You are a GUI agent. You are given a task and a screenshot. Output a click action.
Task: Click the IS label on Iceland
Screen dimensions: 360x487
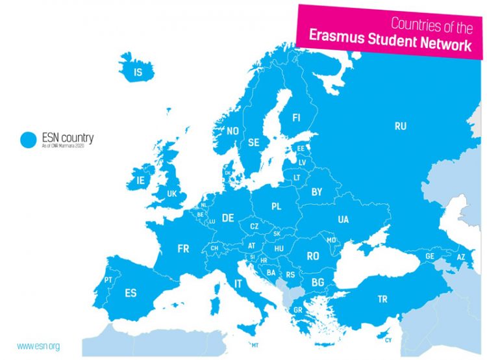(137, 73)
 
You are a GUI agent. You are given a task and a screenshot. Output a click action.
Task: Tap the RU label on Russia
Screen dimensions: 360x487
(401, 126)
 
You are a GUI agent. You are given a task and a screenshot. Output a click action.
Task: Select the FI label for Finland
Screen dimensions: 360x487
(296, 118)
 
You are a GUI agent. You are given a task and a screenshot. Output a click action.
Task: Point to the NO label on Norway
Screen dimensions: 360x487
(232, 131)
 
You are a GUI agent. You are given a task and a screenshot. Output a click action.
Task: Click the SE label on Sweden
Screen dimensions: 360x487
(254, 142)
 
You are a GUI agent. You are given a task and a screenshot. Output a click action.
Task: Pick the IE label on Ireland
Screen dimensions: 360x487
(140, 180)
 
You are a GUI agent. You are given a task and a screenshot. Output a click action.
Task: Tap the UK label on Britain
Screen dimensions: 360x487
(171, 194)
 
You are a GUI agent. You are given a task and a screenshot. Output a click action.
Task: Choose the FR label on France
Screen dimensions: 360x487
(183, 248)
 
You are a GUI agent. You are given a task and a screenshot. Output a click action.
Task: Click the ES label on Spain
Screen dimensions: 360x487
(131, 293)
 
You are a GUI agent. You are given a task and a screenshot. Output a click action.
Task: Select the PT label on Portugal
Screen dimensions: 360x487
(108, 280)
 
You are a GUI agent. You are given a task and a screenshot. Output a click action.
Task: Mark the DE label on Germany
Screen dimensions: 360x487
(227, 218)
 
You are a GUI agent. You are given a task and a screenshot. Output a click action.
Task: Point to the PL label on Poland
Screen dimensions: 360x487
(277, 207)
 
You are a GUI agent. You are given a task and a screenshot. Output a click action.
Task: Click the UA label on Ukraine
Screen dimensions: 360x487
(343, 220)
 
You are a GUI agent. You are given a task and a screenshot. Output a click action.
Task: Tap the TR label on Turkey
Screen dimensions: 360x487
(383, 300)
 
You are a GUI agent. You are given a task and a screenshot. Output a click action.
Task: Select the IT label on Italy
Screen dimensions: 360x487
(238, 284)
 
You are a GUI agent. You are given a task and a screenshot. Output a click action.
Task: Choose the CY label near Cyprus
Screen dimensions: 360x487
(388, 341)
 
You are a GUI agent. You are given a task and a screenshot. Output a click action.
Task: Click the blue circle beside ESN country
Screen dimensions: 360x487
(28, 140)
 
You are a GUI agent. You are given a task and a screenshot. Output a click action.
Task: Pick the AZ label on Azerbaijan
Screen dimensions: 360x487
(461, 257)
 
